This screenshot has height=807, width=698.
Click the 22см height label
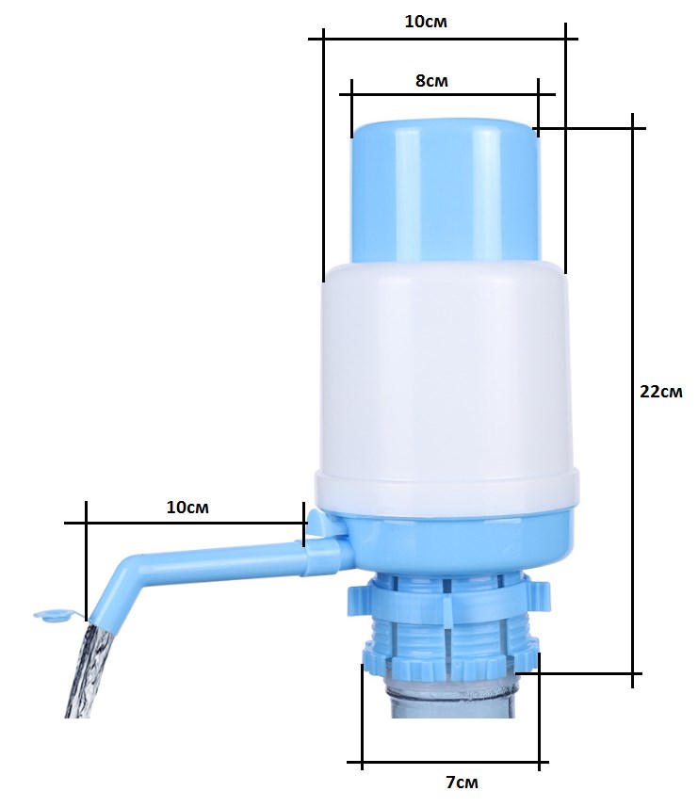661,392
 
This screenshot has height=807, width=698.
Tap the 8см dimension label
431,81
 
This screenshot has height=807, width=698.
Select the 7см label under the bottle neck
462,783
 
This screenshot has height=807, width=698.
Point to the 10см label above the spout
187,507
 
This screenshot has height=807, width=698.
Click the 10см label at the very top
426,22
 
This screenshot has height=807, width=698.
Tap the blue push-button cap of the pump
446,190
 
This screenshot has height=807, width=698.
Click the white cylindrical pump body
446,386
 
